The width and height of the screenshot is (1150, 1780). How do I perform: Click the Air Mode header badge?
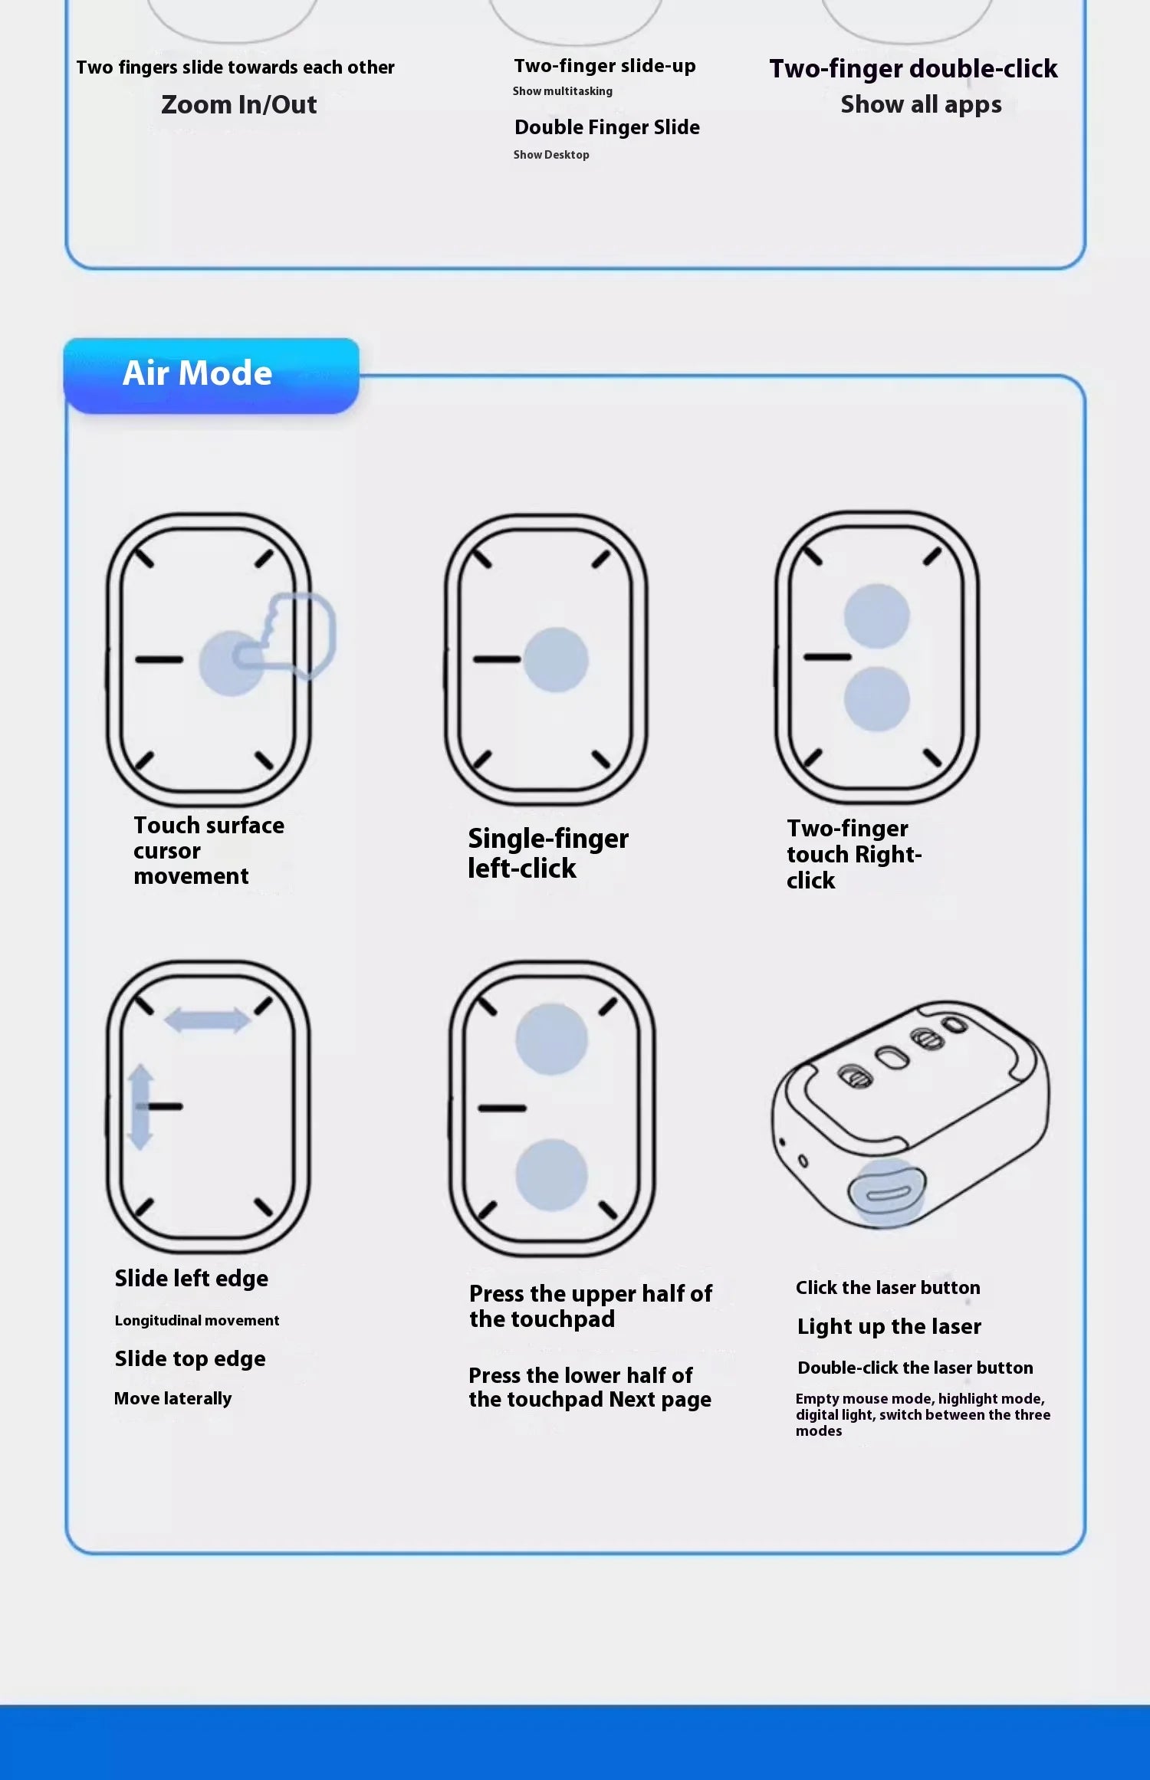[x=211, y=376]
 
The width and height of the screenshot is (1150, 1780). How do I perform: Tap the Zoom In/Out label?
[x=238, y=104]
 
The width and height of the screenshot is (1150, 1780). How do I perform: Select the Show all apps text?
[x=921, y=104]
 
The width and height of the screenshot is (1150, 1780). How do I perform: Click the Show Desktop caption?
[x=551, y=155]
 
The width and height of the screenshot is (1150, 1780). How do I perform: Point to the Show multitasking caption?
[x=563, y=91]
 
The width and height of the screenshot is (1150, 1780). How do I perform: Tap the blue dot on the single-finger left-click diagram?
[x=556, y=660]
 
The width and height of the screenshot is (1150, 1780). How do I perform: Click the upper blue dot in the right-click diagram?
[x=876, y=616]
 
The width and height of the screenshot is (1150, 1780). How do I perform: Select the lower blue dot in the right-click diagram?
[x=876, y=699]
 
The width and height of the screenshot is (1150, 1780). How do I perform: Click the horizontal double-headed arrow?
[x=207, y=1020]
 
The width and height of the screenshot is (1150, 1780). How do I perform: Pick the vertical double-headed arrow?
[x=140, y=1107]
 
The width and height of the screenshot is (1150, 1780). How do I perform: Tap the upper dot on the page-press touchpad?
[x=551, y=1039]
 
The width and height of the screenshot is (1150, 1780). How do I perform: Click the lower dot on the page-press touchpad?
[x=551, y=1174]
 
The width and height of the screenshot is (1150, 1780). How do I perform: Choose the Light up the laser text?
[x=889, y=1327]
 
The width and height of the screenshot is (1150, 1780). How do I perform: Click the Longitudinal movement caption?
[x=197, y=1321]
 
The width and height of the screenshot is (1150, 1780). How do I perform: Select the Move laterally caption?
[x=172, y=1399]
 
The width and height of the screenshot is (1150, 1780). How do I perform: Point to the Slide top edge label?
[x=190, y=1359]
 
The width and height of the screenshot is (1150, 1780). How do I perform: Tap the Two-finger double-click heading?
[x=913, y=69]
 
